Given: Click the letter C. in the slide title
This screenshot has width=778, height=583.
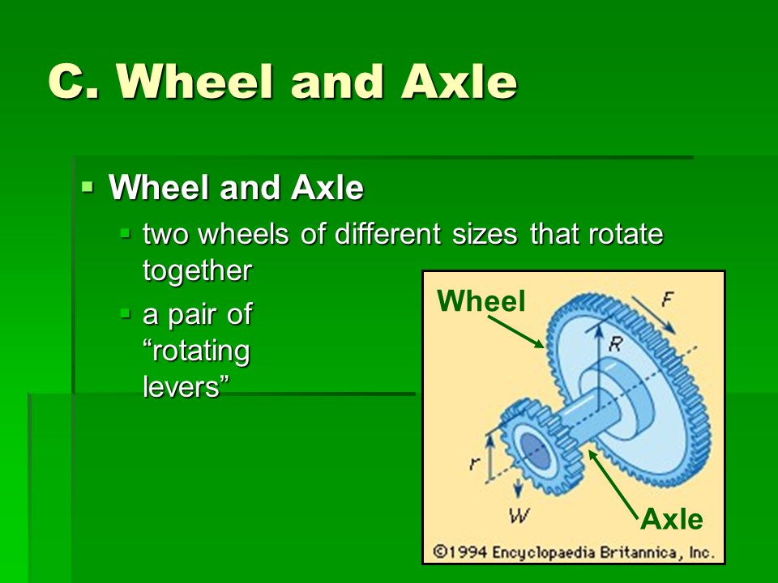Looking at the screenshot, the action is (x=74, y=81).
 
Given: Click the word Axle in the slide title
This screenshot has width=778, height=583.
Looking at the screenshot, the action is (x=459, y=81).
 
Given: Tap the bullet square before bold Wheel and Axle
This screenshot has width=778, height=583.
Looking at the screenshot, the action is (x=88, y=187).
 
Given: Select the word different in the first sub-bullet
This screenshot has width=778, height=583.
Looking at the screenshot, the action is (x=387, y=233).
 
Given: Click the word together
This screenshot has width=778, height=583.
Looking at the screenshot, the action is (x=198, y=271).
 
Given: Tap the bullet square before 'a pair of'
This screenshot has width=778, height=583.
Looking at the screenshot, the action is (x=126, y=313).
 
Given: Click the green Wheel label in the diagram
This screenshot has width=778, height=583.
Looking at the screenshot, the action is (x=481, y=301).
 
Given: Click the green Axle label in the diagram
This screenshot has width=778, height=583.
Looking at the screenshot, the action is (x=671, y=520).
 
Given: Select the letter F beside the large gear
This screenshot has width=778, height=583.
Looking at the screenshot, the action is (x=667, y=299).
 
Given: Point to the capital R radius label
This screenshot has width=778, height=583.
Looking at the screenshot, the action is (x=615, y=343).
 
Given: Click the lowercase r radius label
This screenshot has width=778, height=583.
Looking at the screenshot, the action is (x=475, y=463).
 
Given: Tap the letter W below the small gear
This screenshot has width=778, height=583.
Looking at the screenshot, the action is (x=519, y=516).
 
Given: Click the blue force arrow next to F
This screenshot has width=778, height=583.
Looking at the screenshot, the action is (x=653, y=314).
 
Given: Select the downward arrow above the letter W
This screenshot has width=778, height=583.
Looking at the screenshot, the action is (x=518, y=488).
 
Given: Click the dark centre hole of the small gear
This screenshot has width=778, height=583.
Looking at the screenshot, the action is (x=536, y=451).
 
